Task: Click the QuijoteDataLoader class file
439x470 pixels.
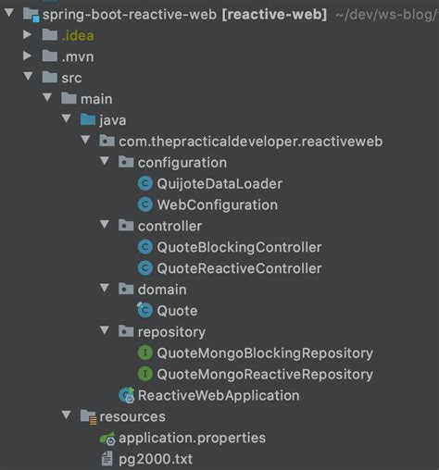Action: click(219, 183)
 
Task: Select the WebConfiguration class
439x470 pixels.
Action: click(217, 204)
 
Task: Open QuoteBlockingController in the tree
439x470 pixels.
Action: click(239, 247)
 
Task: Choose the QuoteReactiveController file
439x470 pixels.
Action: click(239, 268)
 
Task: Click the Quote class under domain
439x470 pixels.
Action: click(177, 311)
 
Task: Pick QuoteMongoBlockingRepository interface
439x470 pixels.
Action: click(265, 352)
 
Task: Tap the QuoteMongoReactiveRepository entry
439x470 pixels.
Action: click(265, 374)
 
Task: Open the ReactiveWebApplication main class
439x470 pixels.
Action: click(219, 395)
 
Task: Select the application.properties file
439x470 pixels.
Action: click(192, 438)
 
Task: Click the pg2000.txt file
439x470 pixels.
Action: click(156, 459)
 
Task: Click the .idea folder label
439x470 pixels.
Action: click(77, 36)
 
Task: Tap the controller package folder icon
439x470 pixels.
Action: click(125, 226)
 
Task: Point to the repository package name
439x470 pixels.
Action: click(171, 331)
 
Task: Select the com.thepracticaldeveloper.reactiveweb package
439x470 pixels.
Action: click(250, 142)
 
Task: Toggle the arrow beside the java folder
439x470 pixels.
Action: click(65, 120)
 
